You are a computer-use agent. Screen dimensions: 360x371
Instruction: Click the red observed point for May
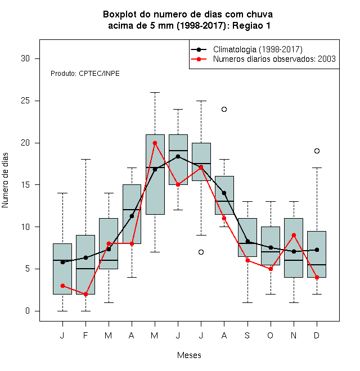pyautogui.click(x=155, y=143)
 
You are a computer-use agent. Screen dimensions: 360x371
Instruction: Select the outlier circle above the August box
pyautogui.click(x=224, y=109)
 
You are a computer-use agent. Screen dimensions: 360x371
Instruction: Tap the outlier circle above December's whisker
pyautogui.click(x=317, y=151)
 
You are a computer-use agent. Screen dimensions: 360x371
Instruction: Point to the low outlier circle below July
pyautogui.click(x=201, y=252)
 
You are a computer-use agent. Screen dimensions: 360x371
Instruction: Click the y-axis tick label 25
pyautogui.click(x=25, y=101)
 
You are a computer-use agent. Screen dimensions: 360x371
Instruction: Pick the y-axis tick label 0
pyautogui.click(x=28, y=311)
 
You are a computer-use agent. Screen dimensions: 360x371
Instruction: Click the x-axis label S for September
pyautogui.click(x=247, y=335)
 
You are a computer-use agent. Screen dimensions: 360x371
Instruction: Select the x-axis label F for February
pyautogui.click(x=85, y=335)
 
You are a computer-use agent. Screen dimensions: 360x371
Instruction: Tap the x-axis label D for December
pyautogui.click(x=317, y=335)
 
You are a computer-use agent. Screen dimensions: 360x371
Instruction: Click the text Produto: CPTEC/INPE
pyautogui.click(x=85, y=74)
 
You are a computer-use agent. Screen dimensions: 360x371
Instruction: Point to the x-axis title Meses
pyautogui.click(x=189, y=355)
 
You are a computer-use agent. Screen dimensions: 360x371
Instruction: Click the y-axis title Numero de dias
pyautogui.click(x=5, y=180)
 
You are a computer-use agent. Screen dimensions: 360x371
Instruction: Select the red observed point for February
pyautogui.click(x=85, y=294)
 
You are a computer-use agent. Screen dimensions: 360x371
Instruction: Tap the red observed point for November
pyautogui.click(x=294, y=235)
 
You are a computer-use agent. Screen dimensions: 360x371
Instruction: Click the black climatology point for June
pyautogui.click(x=178, y=156)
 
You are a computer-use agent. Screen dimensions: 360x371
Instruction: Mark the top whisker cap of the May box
pyautogui.click(x=155, y=93)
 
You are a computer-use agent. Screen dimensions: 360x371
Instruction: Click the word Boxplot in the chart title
pyautogui.click(x=120, y=15)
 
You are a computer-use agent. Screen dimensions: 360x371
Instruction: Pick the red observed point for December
pyautogui.click(x=317, y=277)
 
